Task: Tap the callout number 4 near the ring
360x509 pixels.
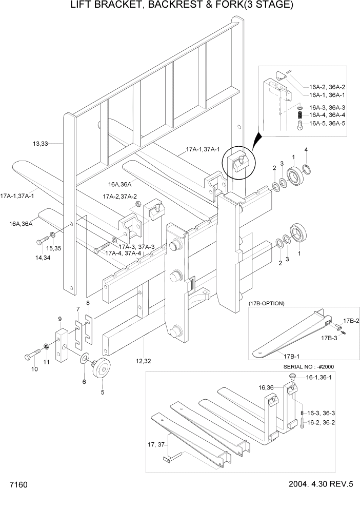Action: (x=306, y=150)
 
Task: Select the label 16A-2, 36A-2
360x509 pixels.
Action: (x=327, y=87)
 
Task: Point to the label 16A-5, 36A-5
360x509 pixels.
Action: (x=327, y=123)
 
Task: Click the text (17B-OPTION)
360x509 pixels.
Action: (x=267, y=303)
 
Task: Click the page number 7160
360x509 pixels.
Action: (x=17, y=485)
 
